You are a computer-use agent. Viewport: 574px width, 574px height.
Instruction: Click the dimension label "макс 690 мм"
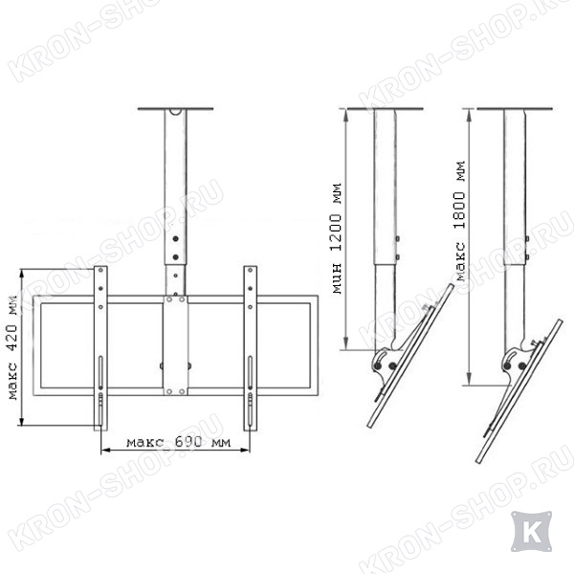coord(179,442)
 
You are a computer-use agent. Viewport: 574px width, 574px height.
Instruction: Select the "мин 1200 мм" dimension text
coord(337,238)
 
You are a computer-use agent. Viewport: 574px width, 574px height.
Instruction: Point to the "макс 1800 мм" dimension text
coord(459,221)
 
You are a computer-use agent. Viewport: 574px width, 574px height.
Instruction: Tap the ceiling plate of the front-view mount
coord(175,109)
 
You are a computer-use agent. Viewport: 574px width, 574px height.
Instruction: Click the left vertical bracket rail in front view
coord(100,348)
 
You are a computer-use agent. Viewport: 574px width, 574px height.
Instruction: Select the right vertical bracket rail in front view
coord(251,348)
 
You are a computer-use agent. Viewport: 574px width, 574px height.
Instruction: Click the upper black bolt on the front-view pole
coord(176,238)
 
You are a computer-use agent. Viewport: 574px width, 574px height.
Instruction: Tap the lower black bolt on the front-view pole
coord(176,257)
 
